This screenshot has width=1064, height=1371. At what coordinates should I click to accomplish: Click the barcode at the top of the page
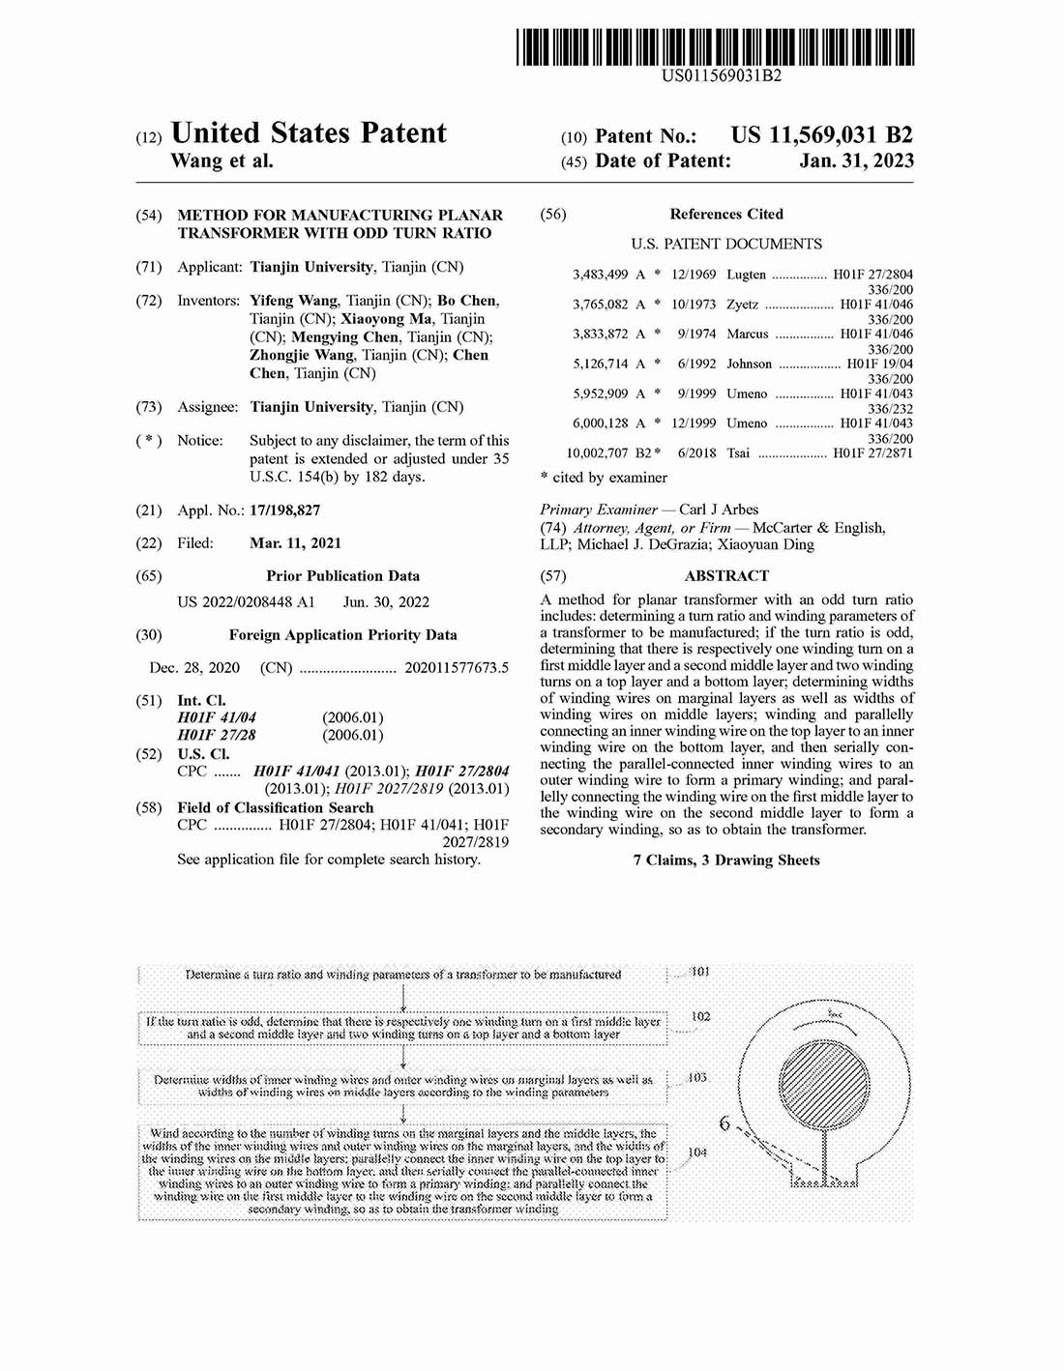(715, 46)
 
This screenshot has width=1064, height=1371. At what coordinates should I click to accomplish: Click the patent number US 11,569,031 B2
(821, 136)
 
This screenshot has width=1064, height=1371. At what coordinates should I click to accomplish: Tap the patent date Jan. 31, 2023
(856, 161)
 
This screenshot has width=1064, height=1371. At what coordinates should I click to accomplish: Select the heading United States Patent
(309, 133)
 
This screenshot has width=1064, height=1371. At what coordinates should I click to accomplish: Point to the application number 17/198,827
(284, 510)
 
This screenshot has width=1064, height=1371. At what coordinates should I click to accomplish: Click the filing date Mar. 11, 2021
(295, 543)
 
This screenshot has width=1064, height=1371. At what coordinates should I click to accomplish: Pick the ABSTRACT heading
(726, 576)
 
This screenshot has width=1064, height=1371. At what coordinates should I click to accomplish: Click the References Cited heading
(726, 215)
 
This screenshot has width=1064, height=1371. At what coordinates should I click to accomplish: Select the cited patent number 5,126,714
(600, 365)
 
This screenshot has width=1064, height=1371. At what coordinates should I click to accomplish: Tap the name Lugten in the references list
(746, 275)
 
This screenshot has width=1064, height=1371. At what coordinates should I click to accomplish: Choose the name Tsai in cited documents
(738, 453)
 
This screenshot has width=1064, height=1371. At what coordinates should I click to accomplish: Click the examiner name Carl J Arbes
(719, 510)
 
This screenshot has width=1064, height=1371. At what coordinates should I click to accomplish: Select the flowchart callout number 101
(700, 971)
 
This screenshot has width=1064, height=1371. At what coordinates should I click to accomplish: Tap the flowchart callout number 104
(697, 1152)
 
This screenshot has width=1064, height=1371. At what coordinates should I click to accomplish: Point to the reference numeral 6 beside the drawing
(724, 1123)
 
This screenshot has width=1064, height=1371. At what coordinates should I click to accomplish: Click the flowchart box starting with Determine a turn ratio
(402, 975)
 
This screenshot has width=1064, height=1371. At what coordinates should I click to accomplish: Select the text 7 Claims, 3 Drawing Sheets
(726, 861)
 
